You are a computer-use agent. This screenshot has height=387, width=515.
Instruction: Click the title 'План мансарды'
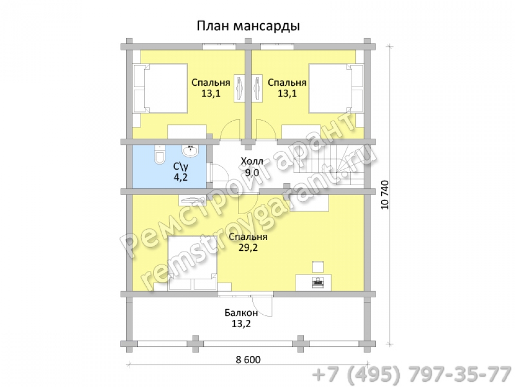[248, 26]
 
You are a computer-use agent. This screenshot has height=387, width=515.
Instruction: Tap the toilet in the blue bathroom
[159, 155]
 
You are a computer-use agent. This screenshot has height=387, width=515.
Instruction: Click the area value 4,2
[181, 178]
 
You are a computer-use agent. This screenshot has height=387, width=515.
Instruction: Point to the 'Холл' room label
[252, 161]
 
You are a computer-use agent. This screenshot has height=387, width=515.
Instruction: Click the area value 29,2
[248, 248]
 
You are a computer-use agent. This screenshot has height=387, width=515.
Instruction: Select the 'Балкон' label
[241, 313]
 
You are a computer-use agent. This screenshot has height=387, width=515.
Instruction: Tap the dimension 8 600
[248, 360]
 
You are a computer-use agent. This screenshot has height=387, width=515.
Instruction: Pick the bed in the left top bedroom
[160, 89]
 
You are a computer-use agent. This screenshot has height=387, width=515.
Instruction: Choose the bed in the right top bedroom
[336, 89]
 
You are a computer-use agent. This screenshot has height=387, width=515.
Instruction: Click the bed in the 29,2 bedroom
[193, 263]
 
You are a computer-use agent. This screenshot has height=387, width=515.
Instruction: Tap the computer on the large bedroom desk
[318, 282]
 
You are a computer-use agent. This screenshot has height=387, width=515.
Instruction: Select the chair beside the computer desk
[318, 267]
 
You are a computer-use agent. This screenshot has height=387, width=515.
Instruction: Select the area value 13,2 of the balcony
[241, 324]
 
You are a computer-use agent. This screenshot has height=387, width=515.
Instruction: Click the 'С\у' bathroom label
[181, 167]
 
